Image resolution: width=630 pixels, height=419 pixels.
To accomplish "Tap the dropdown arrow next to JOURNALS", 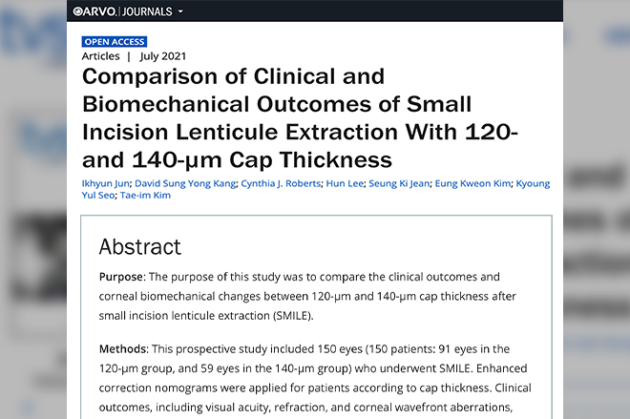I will (x=180, y=11).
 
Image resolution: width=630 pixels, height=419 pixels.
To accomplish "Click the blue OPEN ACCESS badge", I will (x=115, y=42).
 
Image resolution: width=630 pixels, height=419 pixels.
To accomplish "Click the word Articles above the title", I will (x=101, y=56).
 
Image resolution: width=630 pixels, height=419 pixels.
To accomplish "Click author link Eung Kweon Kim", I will (x=472, y=183).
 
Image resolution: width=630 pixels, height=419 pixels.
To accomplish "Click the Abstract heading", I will (x=139, y=246).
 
